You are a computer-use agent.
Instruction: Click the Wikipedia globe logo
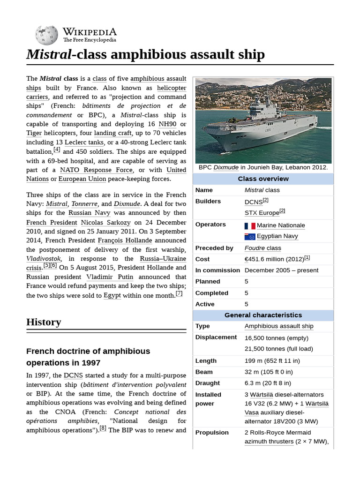pos(46,34)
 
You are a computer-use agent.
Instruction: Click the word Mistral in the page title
pos(49,54)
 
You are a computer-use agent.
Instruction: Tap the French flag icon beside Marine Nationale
pos(249,225)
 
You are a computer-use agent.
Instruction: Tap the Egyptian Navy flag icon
pos(249,237)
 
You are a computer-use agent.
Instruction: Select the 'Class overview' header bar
pos(263,179)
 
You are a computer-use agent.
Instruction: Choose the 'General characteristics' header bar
pos(263,315)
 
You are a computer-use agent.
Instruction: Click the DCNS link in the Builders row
pos(253,202)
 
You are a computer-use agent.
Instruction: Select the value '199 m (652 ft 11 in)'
pos(272,361)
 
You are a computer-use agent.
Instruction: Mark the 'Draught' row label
pos(208,383)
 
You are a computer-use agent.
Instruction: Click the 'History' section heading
pos(44,322)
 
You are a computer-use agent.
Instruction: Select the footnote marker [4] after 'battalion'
pos(57,150)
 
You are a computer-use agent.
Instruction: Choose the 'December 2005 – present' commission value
pos(281,270)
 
